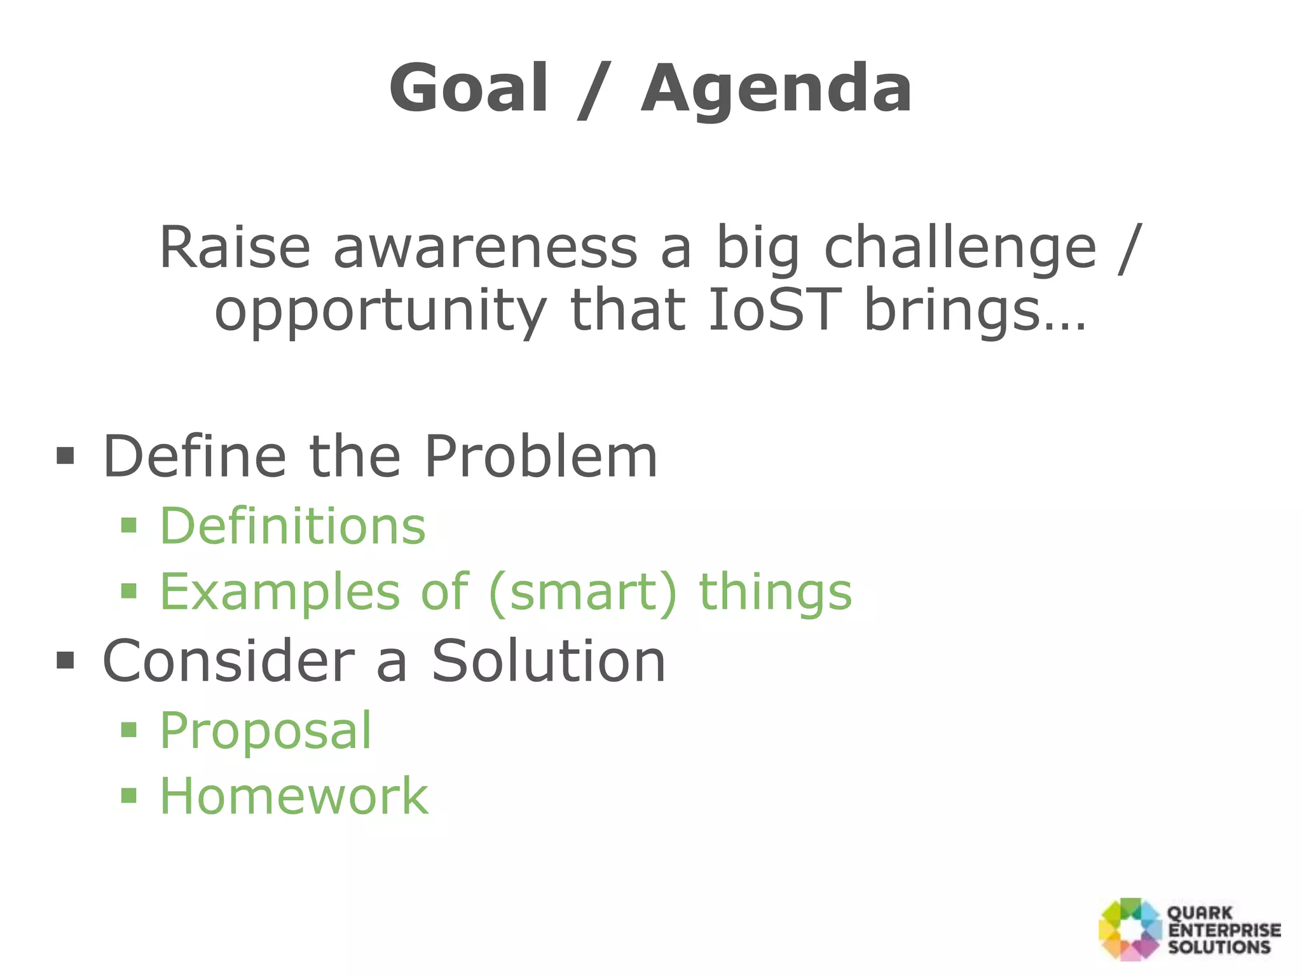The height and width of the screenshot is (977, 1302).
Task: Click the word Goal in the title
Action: click(x=469, y=89)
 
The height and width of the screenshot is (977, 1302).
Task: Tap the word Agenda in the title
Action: click(x=776, y=89)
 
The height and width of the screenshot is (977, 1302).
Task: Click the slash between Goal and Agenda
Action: click(x=594, y=89)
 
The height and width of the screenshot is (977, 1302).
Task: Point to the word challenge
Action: click(x=960, y=249)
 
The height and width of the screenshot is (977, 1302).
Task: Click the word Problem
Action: click(x=540, y=457)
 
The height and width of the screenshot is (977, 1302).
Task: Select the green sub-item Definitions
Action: click(x=292, y=527)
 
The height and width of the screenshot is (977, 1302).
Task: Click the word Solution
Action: click(x=549, y=662)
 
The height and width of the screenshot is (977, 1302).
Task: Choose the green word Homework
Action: click(x=294, y=796)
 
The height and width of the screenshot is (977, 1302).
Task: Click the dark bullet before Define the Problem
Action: click(x=65, y=456)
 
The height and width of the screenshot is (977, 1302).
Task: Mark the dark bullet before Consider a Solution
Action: click(x=65, y=661)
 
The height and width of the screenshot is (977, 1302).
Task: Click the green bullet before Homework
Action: click(x=129, y=795)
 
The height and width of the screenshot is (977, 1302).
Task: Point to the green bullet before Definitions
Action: click(x=129, y=525)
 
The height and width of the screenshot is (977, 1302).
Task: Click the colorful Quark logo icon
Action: click(x=1130, y=929)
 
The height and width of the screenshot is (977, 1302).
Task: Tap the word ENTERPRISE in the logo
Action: click(x=1224, y=930)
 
